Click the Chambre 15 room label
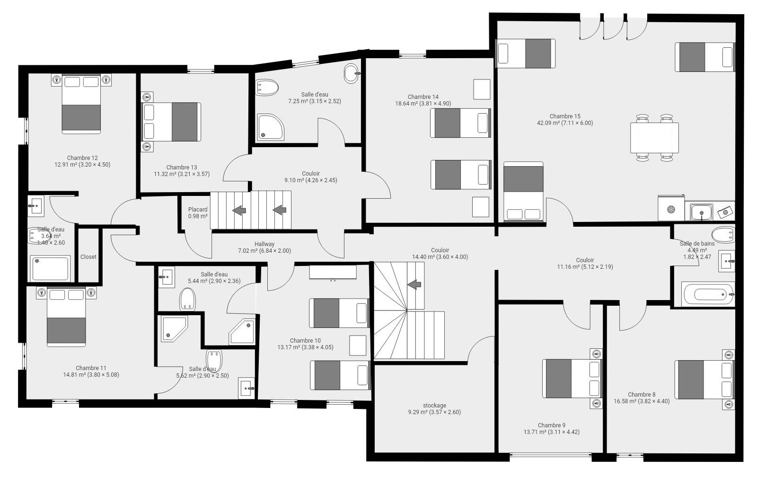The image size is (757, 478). (565, 116)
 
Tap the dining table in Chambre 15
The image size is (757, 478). (654, 138)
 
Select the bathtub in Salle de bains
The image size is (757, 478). (708, 294)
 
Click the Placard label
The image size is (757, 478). (198, 210)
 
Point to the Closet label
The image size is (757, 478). (88, 257)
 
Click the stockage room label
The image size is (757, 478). (435, 405)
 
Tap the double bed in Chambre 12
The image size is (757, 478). (81, 104)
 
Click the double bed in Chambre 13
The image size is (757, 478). (172, 122)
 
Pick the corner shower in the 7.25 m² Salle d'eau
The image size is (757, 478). (270, 127)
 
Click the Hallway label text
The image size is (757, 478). (264, 244)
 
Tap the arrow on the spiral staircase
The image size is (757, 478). (414, 284)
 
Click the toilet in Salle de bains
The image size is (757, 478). (723, 235)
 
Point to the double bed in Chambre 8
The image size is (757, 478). (704, 379)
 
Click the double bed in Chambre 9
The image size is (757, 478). (572, 379)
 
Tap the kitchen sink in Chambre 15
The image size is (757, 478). (701, 212)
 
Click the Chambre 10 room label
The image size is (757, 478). (305, 341)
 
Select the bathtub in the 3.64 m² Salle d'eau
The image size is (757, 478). (50, 268)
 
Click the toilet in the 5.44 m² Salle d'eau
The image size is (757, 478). (187, 300)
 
